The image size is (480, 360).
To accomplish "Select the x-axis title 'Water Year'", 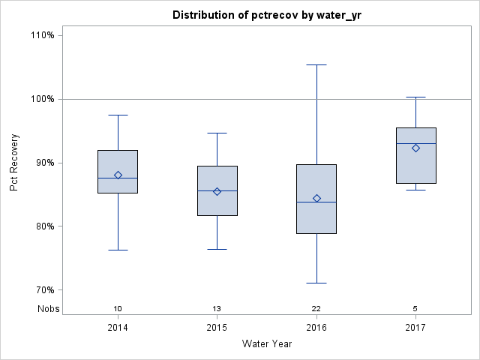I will pos(266,344).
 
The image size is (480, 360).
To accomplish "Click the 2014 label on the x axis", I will pos(118,328).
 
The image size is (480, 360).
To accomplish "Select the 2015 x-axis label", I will pos(217,328).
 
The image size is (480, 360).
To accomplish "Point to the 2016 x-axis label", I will pos(316,328).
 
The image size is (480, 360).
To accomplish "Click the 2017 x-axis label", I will pos(416,328).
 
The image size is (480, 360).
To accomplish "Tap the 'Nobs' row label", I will pos(48,308).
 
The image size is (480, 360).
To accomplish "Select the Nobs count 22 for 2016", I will pos(316,308).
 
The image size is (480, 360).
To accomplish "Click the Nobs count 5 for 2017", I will pos(416,308).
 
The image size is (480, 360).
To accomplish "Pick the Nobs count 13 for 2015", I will pos(217,308).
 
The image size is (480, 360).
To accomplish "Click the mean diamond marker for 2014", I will pos(118,175).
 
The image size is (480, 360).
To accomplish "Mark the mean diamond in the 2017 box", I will pos(416,148).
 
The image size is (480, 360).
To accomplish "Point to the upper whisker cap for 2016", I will pos(316,65).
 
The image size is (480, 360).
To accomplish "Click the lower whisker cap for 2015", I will pos(217,249).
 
